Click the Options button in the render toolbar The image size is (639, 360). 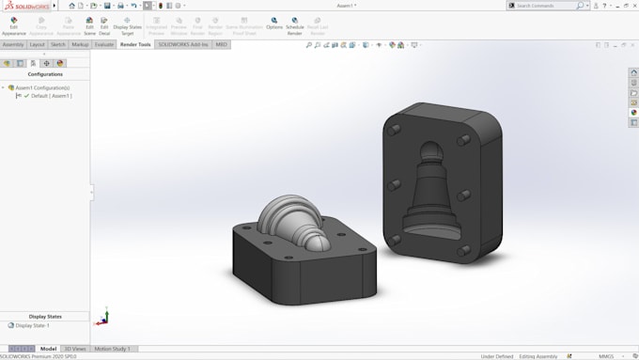click(273, 24)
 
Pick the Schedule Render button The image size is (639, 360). click(294, 24)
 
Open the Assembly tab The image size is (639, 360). click(13, 44)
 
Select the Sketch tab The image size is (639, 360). click(58, 44)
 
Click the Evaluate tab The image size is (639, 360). click(103, 44)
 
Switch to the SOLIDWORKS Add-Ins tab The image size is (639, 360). click(183, 44)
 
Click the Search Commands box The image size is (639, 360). click(550, 6)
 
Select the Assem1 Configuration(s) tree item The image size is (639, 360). click(42, 87)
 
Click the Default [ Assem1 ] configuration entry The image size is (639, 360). click(51, 96)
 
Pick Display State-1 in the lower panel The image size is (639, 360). click(32, 325)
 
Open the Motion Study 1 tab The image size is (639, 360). click(112, 349)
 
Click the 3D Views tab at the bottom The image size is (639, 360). click(74, 349)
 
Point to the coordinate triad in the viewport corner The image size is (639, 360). click(102, 319)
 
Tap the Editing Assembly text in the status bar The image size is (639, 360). click(539, 356)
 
